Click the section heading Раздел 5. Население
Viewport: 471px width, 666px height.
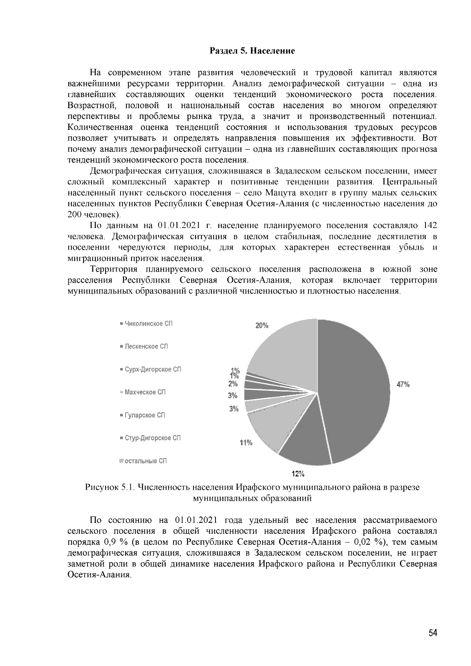point(252,51)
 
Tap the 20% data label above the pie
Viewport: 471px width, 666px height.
point(262,325)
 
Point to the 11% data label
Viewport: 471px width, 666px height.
point(246,443)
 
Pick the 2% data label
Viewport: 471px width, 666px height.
point(233,384)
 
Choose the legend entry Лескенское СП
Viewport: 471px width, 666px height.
point(146,347)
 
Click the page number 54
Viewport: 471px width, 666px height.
point(433,633)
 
